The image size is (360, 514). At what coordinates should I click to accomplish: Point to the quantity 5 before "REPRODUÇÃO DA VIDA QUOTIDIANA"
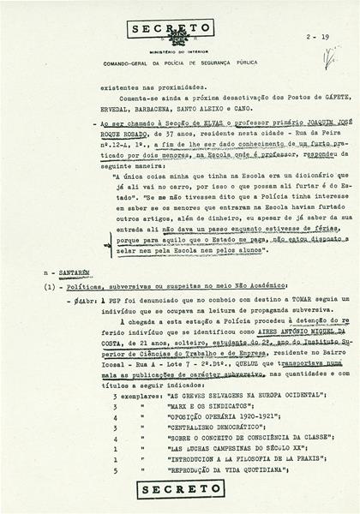point(113,470)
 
